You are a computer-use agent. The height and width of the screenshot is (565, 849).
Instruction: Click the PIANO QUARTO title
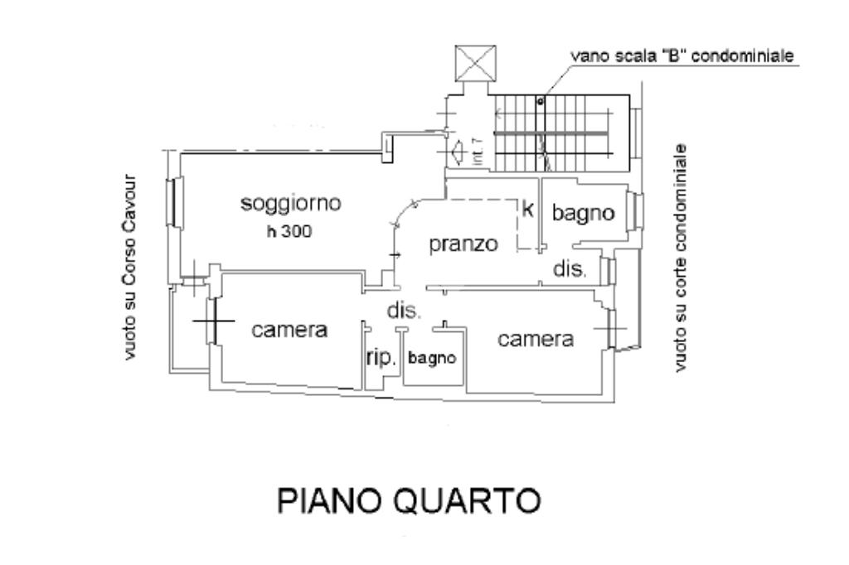coord(410,501)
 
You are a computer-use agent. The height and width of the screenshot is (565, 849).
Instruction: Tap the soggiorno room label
coord(291,203)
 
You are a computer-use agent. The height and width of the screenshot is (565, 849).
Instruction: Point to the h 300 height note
coord(289,232)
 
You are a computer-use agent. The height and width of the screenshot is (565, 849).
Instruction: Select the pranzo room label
coord(463,244)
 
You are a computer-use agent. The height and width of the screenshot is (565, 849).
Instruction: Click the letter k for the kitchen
coord(526,210)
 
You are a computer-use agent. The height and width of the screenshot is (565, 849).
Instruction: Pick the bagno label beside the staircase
coord(584,213)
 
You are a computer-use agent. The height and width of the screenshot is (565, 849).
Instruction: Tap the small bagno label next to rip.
coord(433,358)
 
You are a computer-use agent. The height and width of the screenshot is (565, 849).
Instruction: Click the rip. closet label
coord(382,359)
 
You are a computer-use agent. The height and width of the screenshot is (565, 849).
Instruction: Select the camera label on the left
coord(289,330)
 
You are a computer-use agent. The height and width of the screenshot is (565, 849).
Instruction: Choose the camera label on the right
coord(535,339)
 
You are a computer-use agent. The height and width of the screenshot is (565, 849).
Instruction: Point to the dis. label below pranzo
coord(405,311)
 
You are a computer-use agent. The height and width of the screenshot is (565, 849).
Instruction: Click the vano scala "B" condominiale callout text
coord(683,56)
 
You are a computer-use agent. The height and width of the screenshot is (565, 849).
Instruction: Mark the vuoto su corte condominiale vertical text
coord(681,257)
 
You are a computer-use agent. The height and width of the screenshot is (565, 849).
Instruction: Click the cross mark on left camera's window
coord(214,320)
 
